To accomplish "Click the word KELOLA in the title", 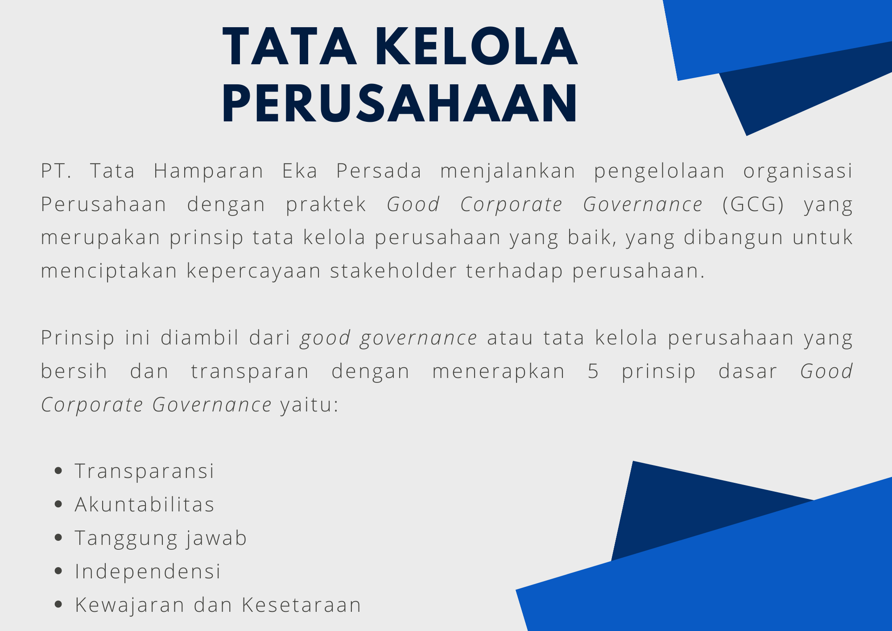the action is click(x=476, y=47).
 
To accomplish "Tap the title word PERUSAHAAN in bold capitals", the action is click(x=400, y=103).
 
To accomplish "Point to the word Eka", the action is click(x=300, y=170).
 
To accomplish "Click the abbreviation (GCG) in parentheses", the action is click(x=753, y=204).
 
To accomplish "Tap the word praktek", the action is click(x=326, y=204).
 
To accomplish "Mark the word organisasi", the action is click(x=798, y=171).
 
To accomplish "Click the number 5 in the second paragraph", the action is click(x=593, y=371).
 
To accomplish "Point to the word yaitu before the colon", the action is click(x=306, y=405).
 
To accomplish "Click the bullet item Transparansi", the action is click(x=145, y=471).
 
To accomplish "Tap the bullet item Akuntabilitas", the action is click(x=145, y=504).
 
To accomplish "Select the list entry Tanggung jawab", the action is click(x=161, y=538).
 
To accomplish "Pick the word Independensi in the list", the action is click(x=148, y=572).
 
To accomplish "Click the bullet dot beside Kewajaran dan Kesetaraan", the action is click(x=58, y=604).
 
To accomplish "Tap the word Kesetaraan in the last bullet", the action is click(x=301, y=605).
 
